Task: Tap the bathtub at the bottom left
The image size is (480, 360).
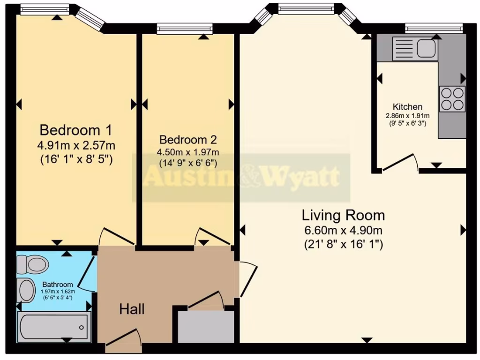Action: click(54, 327)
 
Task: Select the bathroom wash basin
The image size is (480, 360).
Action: click(26, 290)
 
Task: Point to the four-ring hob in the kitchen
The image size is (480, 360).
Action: click(452, 99)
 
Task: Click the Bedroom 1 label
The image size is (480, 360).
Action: click(75, 129)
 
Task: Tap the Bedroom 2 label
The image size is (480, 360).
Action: click(188, 140)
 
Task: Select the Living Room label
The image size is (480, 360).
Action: click(343, 216)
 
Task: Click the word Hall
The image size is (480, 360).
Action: click(132, 309)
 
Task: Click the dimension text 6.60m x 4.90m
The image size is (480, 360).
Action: click(343, 230)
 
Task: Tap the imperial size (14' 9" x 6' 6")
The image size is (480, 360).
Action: click(188, 163)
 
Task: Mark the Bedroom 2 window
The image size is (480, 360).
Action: click(184, 30)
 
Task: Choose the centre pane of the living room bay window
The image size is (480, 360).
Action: click(306, 8)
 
